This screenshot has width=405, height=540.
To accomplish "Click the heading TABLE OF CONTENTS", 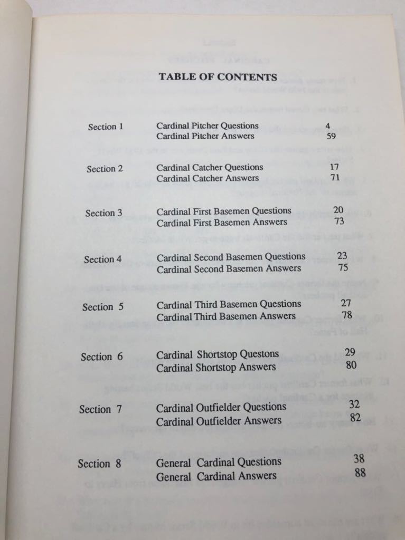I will click(x=218, y=77).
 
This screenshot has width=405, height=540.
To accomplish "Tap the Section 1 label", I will click(x=105, y=127).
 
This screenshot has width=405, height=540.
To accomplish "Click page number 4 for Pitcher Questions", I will click(x=328, y=126).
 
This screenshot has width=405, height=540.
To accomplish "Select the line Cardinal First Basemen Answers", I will click(x=222, y=222).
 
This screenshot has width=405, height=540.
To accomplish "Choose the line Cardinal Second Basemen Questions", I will click(x=231, y=257).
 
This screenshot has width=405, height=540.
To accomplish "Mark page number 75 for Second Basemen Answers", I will click(x=342, y=268).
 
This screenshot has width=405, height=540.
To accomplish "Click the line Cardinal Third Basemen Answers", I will click(x=226, y=316).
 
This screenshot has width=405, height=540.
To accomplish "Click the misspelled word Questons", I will click(x=259, y=354).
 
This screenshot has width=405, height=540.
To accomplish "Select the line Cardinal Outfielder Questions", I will click(x=221, y=407).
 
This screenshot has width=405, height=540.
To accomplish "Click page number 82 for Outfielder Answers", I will click(x=354, y=418).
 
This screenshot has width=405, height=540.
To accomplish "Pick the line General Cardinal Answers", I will click(x=216, y=476).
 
